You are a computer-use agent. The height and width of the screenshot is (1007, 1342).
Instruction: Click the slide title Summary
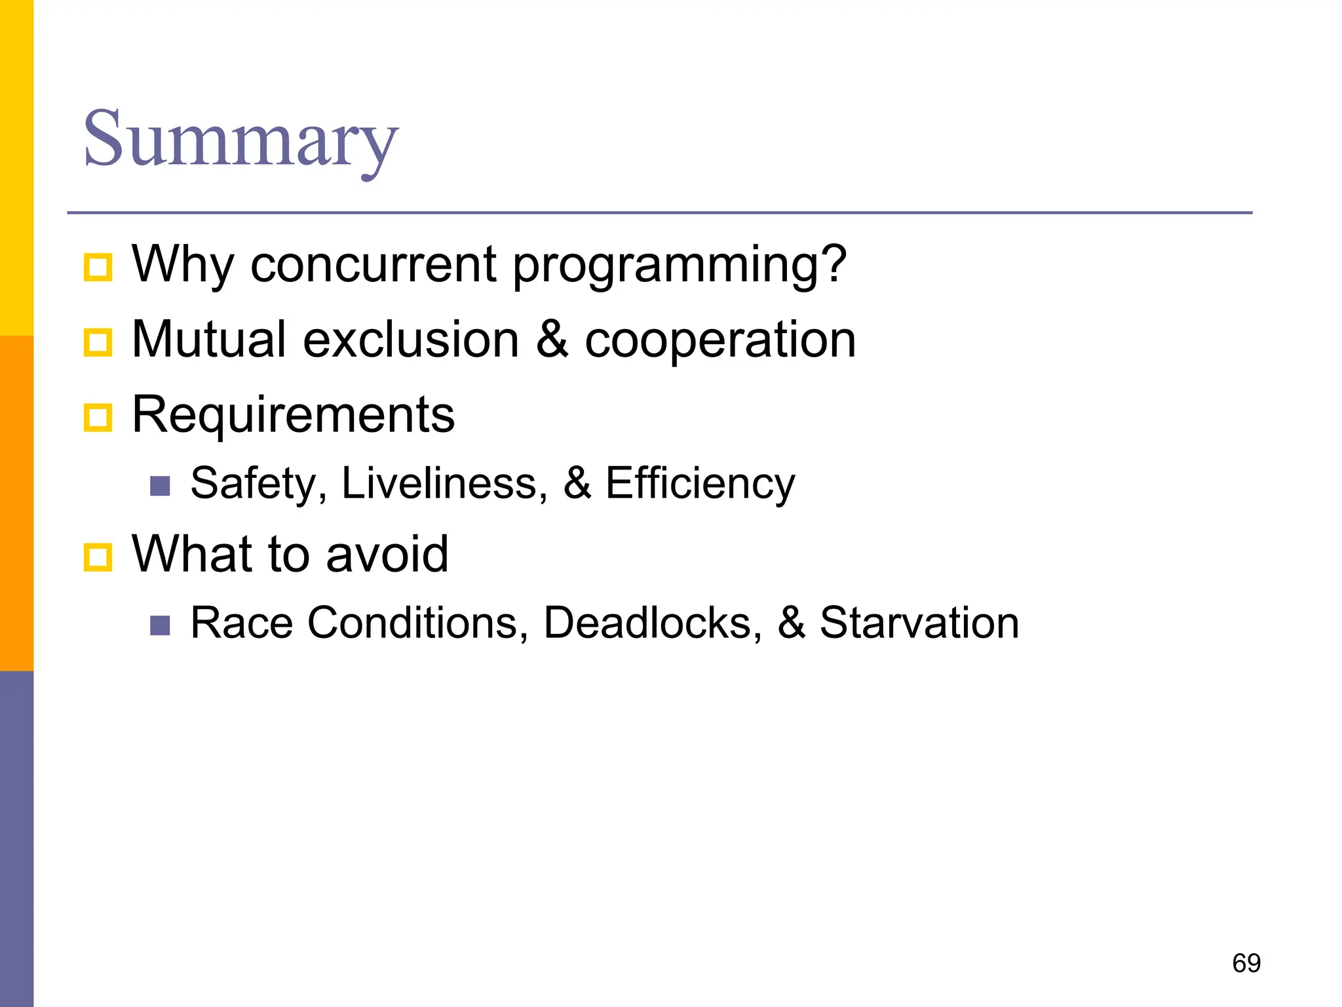[240, 139]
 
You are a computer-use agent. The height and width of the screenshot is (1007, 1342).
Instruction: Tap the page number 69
[1246, 963]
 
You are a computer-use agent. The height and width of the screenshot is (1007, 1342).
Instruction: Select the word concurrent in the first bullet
[373, 264]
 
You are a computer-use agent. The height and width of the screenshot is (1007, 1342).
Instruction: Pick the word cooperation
[720, 340]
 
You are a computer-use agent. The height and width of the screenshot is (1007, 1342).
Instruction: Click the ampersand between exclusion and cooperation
[552, 340]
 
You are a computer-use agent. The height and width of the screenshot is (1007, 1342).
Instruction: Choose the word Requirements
[293, 414]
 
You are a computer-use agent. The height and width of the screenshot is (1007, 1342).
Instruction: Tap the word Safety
[258, 484]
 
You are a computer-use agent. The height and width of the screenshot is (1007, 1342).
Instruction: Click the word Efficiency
[700, 484]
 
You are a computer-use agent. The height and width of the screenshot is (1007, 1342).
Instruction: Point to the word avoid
[387, 554]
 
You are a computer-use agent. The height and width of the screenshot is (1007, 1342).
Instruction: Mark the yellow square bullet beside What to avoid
[98, 557]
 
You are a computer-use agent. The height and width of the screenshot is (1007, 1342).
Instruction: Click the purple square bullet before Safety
[160, 486]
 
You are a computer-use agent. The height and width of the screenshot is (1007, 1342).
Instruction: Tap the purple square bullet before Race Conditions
[160, 625]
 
